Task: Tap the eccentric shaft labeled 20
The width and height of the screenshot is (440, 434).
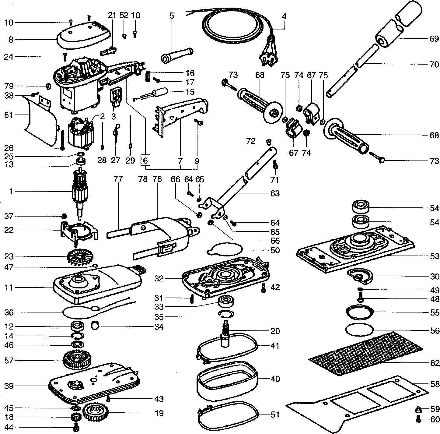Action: pos(226,334)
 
